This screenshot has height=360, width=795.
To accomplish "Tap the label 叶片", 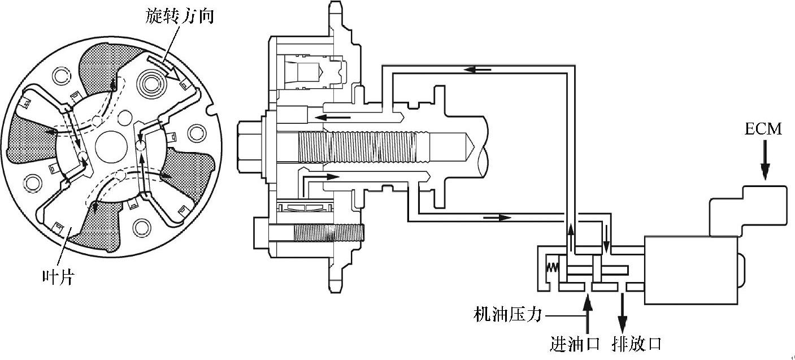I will (58, 277).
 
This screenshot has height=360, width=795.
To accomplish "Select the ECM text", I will (763, 129).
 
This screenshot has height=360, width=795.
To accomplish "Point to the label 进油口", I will (575, 343).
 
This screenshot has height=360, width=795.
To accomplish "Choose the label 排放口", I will (636, 343).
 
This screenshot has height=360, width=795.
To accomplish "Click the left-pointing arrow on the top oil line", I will (477, 70).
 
